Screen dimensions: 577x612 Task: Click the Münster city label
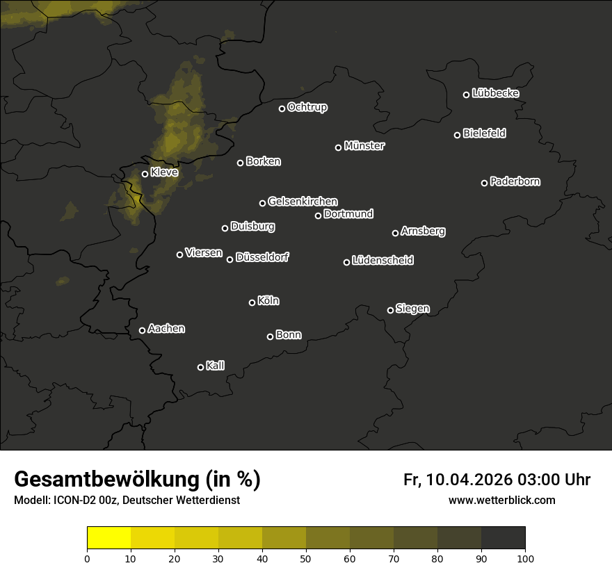click(x=364, y=146)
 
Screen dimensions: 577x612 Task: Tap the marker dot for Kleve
click(x=145, y=174)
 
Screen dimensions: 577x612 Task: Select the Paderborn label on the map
click(x=515, y=181)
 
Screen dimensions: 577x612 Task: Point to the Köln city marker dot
click(x=252, y=302)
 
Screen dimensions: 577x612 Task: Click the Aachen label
click(x=166, y=329)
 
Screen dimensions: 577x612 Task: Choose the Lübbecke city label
click(x=495, y=93)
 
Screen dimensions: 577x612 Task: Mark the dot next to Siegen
click(x=390, y=310)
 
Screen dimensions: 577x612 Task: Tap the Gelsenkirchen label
click(x=303, y=202)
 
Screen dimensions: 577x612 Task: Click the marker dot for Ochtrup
click(x=282, y=108)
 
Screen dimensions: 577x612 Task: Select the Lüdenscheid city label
click(x=382, y=261)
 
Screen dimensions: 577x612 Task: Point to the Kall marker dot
click(x=201, y=367)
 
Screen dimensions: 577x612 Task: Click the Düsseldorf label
click(x=262, y=257)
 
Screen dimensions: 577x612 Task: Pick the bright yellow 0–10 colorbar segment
click(x=109, y=538)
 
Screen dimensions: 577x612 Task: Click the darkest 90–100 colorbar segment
click(x=503, y=538)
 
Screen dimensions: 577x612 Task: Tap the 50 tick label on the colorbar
click(x=306, y=558)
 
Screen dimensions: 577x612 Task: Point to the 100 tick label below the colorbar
click(x=525, y=558)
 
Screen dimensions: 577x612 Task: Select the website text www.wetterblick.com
click(x=502, y=501)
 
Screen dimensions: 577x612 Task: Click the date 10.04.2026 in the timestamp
click(x=469, y=480)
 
